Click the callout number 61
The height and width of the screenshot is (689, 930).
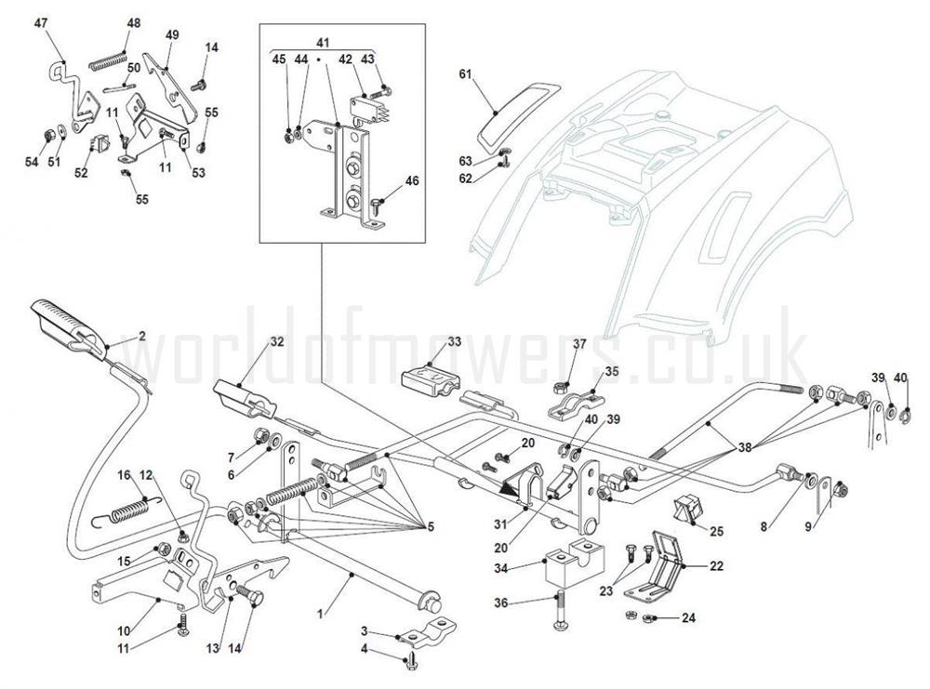466,75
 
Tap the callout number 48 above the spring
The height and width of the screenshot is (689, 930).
134,23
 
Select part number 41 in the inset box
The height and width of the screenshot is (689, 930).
322,43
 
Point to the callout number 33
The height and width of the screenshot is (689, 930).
454,342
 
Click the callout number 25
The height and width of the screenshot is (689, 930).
716,531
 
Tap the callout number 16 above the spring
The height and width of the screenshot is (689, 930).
123,475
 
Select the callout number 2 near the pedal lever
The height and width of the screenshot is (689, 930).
141,336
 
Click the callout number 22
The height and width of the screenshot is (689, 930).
715,564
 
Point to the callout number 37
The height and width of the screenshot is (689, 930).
579,345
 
